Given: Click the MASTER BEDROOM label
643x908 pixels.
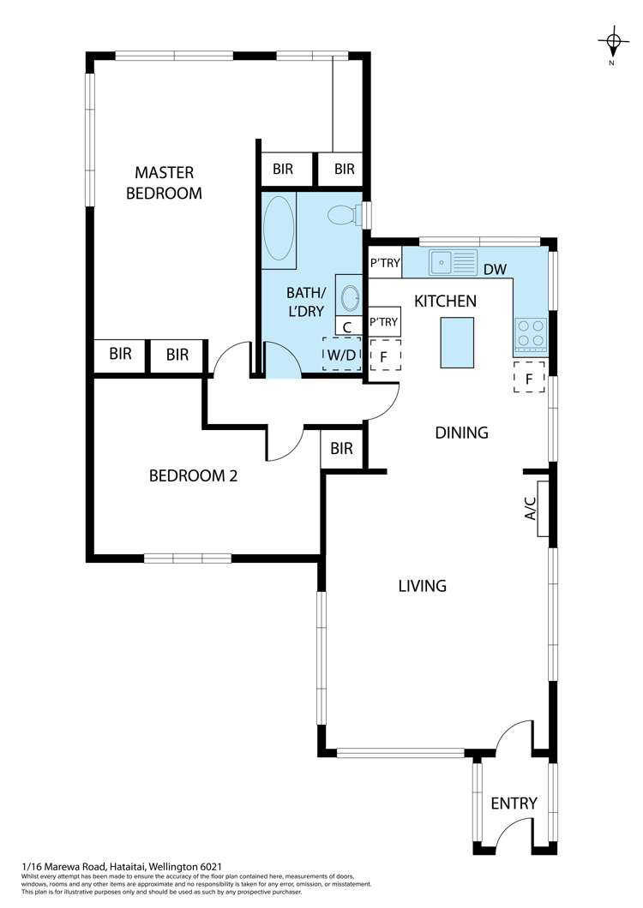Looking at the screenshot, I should (x=164, y=182).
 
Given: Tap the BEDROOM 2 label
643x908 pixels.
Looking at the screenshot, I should (x=193, y=475).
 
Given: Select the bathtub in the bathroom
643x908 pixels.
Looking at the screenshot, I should (x=279, y=228).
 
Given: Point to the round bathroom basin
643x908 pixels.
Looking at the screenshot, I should (x=351, y=297).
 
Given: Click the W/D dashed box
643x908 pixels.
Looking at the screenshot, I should (x=341, y=354).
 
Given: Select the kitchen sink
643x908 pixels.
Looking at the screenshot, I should (x=453, y=262).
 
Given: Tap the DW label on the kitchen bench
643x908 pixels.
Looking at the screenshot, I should (x=495, y=269).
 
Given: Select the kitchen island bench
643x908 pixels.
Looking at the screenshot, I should (x=457, y=342).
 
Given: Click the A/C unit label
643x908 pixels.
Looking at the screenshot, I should (x=531, y=510).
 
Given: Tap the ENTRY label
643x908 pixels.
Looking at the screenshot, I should (x=514, y=803).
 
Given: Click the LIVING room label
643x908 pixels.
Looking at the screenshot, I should (x=422, y=586).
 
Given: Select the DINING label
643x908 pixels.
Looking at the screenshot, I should (x=460, y=433).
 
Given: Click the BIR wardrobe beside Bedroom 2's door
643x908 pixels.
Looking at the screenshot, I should (x=341, y=449).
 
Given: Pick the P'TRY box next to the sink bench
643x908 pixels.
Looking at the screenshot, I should (x=384, y=263).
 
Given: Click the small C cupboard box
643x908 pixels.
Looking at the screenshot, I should (x=346, y=326).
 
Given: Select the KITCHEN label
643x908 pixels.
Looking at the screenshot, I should (x=445, y=301).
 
